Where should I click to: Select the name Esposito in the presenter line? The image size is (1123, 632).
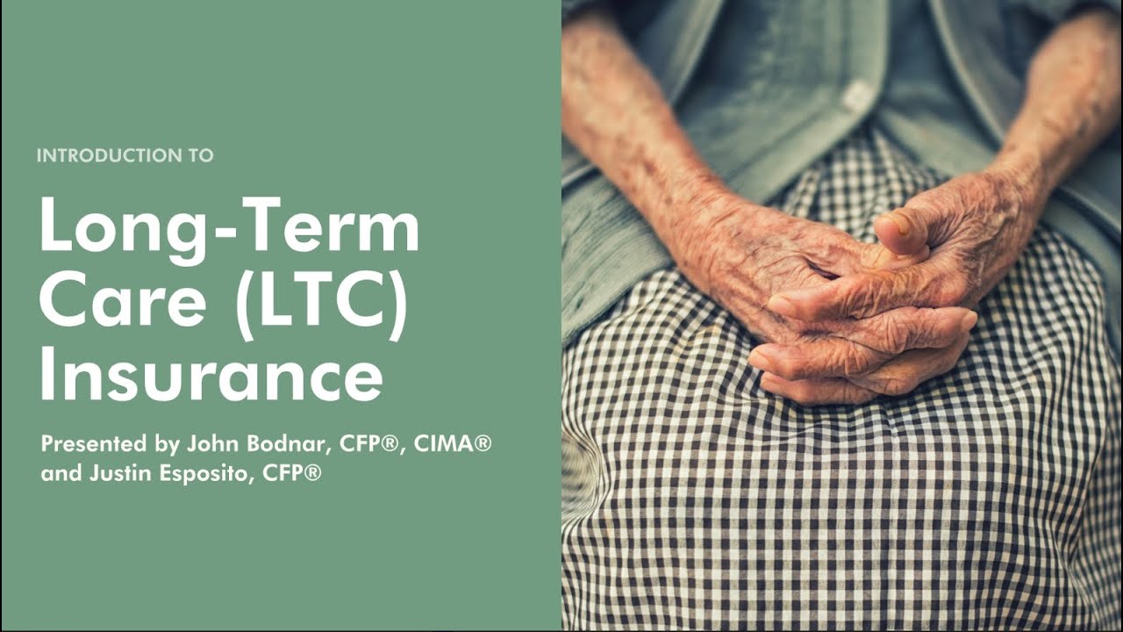coord(204,475)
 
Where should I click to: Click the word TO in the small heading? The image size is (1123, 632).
coord(201,156)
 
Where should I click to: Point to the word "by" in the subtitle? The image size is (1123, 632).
coord(167,444)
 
